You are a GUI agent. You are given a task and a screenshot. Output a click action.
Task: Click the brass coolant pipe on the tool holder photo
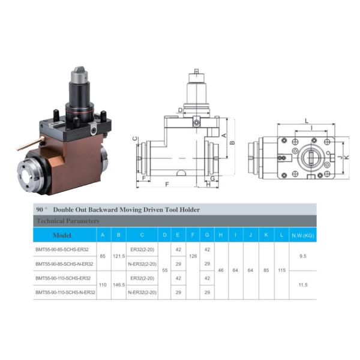31,143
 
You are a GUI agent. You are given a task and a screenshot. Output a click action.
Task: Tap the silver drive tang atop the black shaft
79,74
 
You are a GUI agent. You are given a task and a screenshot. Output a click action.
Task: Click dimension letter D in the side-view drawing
179,110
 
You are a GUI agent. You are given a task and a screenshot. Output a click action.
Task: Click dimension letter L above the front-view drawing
307,121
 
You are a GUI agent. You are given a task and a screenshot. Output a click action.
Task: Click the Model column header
62,235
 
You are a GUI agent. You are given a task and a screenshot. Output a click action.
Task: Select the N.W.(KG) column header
302,235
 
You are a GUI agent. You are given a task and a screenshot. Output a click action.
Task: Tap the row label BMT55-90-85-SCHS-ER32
62,249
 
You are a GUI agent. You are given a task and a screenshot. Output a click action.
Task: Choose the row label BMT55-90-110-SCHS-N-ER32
65,292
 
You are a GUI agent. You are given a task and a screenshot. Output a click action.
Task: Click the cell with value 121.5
119,256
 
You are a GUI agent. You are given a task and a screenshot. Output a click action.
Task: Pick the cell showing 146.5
119,285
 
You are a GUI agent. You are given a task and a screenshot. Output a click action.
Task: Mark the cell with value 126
193,256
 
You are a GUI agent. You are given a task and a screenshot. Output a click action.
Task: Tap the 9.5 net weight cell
302,256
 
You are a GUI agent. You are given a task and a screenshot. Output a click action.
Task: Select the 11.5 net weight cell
302,285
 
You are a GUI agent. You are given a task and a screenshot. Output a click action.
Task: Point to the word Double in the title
65,210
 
